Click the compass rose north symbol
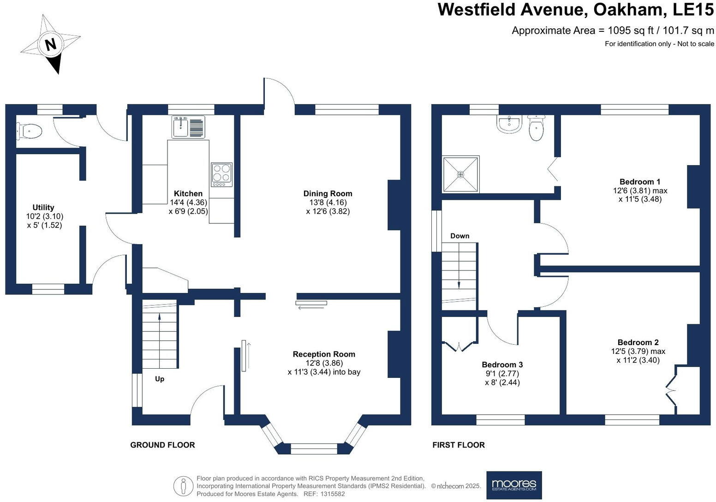50,44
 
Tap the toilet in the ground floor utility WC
29,131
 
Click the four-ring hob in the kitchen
221,174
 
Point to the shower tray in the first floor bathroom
460,174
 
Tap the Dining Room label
328,194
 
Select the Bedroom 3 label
502,365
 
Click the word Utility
43,208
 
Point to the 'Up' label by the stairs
160,379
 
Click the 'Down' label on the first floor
459,236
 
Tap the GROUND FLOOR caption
162,445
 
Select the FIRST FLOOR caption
458,445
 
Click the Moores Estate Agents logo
514,485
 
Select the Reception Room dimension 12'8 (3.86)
324,363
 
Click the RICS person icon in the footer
183,486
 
